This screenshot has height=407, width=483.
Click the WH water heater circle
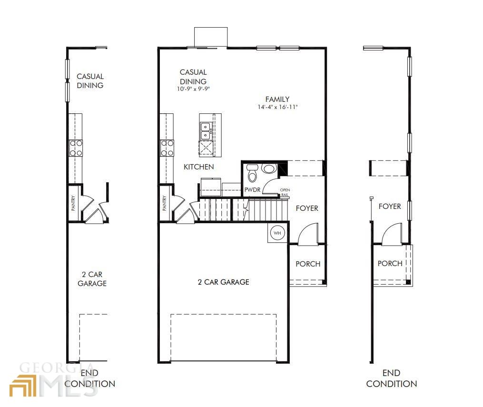click(277, 233)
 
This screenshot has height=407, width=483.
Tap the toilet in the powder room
click(253, 173)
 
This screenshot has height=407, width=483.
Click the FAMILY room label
click(277, 99)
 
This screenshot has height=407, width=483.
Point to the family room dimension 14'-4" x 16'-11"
click(277, 107)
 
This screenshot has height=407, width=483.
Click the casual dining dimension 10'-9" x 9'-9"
click(193, 89)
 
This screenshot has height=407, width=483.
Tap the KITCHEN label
click(199, 167)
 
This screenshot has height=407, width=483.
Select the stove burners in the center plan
click(167, 148)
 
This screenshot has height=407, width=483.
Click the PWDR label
click(252, 190)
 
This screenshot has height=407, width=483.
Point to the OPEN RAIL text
click(285, 192)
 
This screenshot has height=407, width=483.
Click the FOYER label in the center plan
click(307, 208)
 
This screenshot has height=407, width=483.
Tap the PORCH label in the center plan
click(308, 264)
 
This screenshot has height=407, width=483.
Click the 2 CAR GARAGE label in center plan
click(223, 282)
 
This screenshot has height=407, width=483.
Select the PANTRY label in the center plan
click(165, 203)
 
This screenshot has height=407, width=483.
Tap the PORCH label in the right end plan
click(390, 263)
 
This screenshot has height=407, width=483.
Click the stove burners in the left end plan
click(76, 148)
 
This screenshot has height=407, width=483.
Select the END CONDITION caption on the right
click(392, 378)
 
